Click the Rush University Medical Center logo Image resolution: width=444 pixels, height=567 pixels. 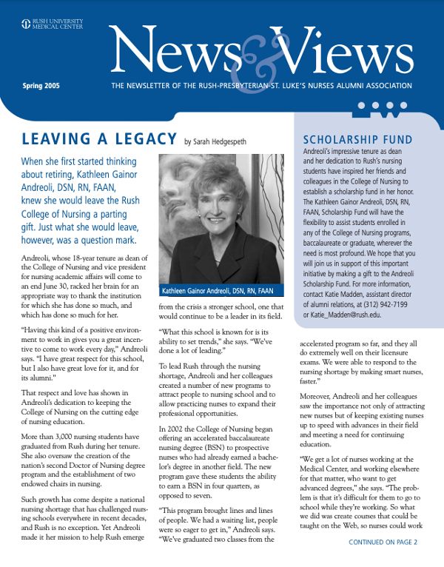tap(52, 24)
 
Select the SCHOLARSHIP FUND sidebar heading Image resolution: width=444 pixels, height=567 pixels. tap(357, 140)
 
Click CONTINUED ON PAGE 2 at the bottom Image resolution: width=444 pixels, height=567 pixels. tap(383, 543)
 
